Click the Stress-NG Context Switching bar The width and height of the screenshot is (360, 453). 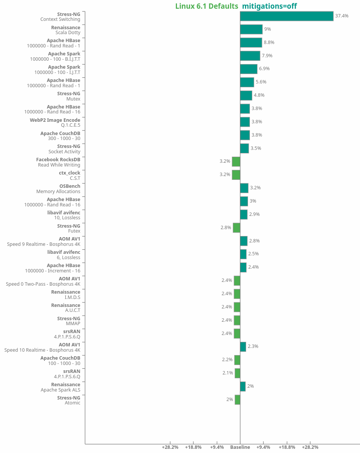(x=286, y=16)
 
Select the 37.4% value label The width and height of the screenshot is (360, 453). (x=341, y=16)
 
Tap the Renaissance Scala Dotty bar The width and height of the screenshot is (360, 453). (x=251, y=29)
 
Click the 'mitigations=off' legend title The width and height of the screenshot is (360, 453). (x=269, y=6)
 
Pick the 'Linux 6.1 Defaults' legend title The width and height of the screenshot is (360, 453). (x=207, y=6)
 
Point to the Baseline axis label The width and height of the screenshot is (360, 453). (x=240, y=447)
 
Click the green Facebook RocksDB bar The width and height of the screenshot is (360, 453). (x=236, y=161)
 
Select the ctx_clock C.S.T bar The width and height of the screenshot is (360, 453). (x=236, y=175)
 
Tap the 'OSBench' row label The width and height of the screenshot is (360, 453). (x=70, y=186)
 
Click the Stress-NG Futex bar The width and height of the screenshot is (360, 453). (x=236, y=228)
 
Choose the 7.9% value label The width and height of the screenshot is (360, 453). (x=267, y=56)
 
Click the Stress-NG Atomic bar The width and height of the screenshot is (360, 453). (x=237, y=400)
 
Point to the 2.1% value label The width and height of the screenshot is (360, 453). (x=227, y=373)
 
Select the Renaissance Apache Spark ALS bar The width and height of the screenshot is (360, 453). (x=243, y=386)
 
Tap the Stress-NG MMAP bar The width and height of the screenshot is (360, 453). (x=237, y=320)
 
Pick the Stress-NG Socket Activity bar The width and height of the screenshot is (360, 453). (x=244, y=148)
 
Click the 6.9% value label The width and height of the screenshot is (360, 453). (x=264, y=69)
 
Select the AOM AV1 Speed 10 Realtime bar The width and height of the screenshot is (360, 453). (x=243, y=346)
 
